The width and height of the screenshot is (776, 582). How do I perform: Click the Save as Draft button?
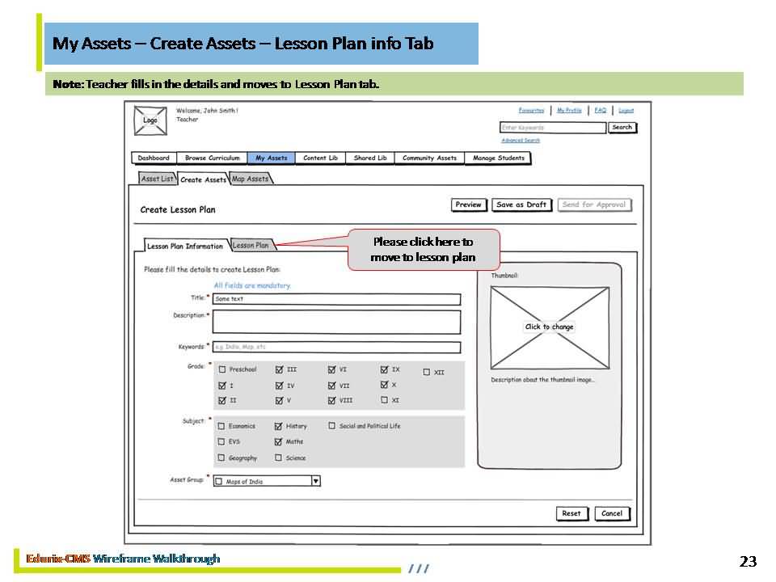[x=521, y=205]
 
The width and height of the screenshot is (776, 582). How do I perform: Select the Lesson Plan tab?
[x=251, y=245]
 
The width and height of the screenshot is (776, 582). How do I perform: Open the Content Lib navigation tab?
[x=320, y=158]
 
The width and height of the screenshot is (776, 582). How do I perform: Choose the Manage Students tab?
[x=498, y=158]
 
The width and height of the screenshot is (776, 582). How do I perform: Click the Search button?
[x=622, y=128]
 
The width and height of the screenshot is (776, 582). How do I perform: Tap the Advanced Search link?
[x=521, y=141]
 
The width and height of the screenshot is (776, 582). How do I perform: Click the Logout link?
[x=626, y=111]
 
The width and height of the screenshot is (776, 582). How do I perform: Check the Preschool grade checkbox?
[x=221, y=369]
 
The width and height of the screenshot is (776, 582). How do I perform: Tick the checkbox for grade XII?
[x=427, y=373]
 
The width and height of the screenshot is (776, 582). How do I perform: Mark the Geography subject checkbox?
[x=221, y=458]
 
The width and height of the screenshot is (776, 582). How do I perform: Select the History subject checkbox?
[x=279, y=426]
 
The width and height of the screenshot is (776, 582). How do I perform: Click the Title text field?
[x=336, y=299]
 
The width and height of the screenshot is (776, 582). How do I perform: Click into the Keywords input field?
[x=336, y=348]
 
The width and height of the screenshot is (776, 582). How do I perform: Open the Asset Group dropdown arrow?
[x=316, y=481]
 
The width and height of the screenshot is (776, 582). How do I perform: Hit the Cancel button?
[x=612, y=513]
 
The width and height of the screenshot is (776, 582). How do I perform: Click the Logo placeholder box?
[x=150, y=120]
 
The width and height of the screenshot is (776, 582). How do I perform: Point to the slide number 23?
[x=748, y=562]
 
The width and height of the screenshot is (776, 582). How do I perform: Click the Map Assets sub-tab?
[x=251, y=179]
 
